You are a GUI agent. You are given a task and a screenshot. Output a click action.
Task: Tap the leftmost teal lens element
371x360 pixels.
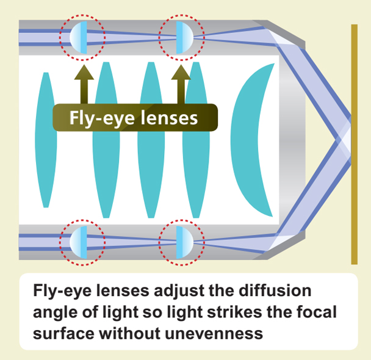[47, 139]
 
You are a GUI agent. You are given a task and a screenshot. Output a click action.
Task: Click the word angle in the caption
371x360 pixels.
[54, 312]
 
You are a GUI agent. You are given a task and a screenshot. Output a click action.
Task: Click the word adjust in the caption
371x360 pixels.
[182, 290]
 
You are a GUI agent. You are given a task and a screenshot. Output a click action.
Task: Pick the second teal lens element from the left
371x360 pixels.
[105, 139]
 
